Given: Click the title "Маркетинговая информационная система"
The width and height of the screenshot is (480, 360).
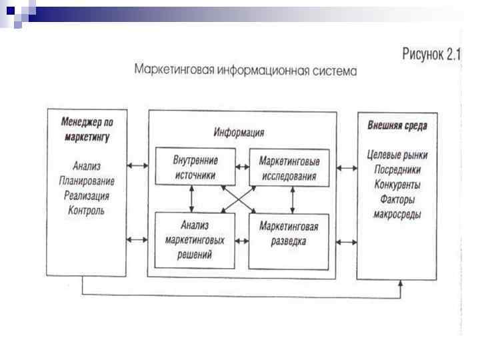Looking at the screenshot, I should tap(245, 69).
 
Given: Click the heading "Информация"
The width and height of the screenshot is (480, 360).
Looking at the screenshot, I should tap(239, 132).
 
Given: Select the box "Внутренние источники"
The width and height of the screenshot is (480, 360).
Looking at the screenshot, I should tap(195, 167).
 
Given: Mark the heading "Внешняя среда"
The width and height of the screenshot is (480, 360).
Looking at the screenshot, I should tap(397, 125).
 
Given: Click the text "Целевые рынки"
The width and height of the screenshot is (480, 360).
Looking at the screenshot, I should tap(397, 155).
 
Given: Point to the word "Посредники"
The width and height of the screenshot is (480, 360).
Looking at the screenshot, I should tap(397, 169).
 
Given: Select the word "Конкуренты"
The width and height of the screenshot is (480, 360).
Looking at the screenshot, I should tap(397, 184).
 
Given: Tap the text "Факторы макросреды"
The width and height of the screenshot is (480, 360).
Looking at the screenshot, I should tap(397, 207).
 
